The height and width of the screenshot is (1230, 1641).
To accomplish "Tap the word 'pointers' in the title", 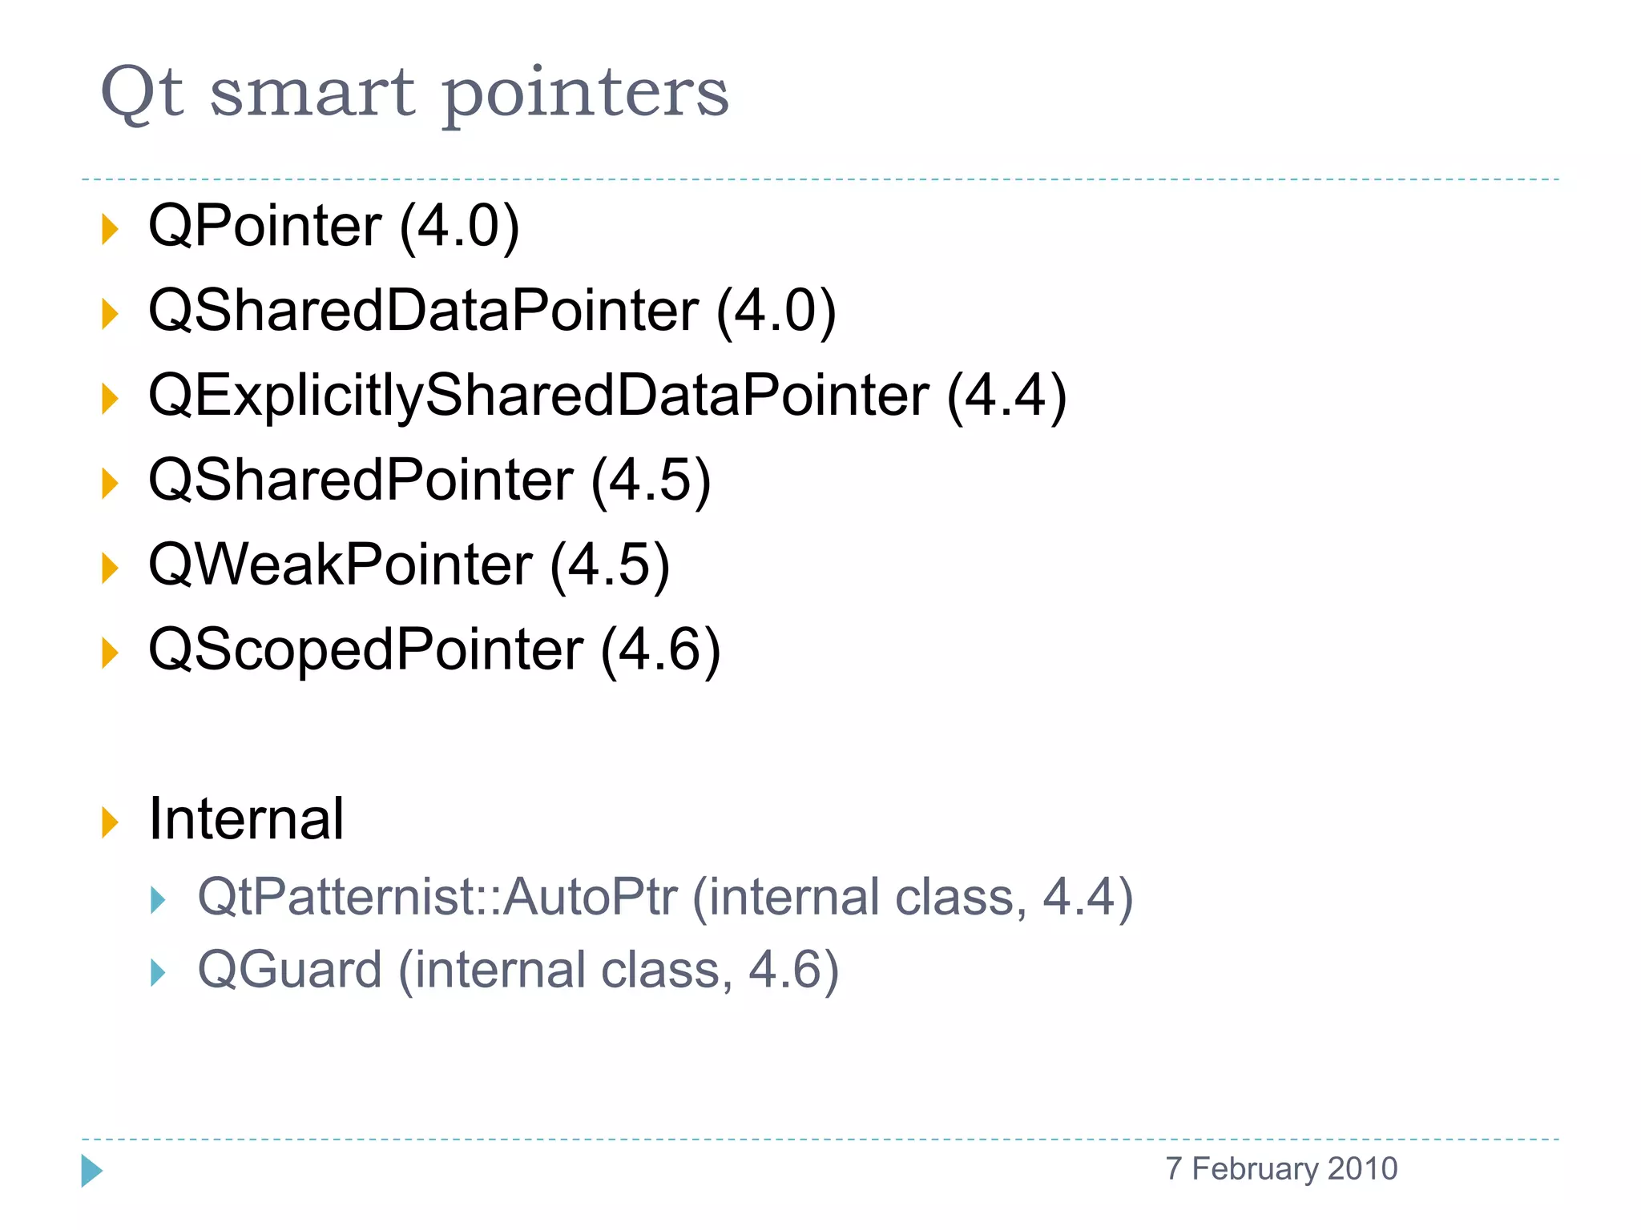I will (586, 96).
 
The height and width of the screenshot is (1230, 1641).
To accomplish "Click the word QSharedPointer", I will (361, 480).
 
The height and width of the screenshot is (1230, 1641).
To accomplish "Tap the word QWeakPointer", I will (341, 565).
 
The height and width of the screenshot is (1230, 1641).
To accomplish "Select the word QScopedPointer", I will (365, 649).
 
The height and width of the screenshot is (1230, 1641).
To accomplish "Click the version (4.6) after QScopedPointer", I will (660, 649).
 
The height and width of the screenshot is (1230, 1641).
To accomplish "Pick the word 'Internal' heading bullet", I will (246, 819).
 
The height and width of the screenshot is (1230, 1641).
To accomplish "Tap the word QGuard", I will (289, 971).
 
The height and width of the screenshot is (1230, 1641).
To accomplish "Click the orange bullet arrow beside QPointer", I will (110, 230).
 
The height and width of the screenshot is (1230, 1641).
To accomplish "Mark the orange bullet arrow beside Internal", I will (110, 823).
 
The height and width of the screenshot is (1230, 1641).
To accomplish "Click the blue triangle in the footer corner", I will (91, 1171).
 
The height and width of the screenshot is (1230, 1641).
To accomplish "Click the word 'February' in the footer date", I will (1255, 1169).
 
